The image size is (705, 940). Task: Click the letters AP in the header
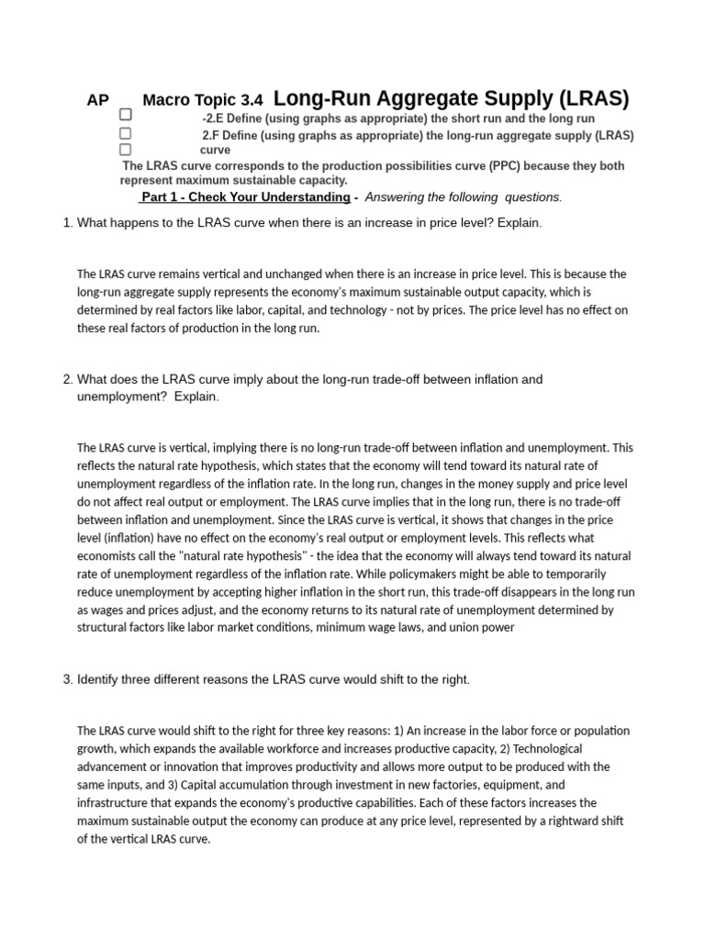tap(98, 101)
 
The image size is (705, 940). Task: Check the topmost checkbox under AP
tap(125, 115)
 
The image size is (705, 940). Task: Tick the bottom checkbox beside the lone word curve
tap(125, 149)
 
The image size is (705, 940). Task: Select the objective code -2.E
tap(217, 119)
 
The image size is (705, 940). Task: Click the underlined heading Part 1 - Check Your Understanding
tap(245, 197)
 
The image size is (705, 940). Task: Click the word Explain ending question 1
tap(519, 223)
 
